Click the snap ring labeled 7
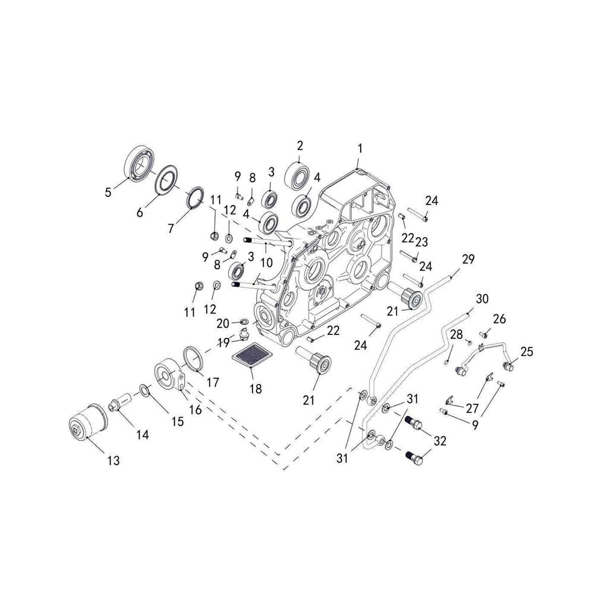tap(195, 198)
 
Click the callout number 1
tap(359, 148)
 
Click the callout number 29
tap(468, 259)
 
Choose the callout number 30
tap(482, 298)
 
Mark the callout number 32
tap(440, 441)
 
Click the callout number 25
tap(526, 352)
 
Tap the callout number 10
tap(266, 262)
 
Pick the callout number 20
tap(222, 323)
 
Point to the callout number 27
tap(472, 408)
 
